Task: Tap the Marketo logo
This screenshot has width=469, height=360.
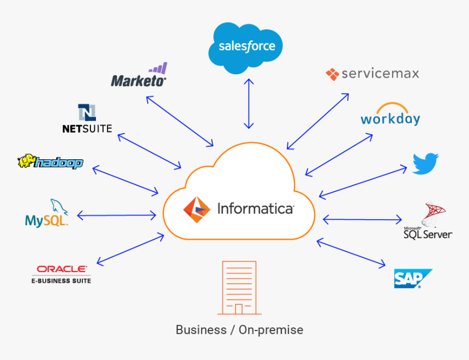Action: [139, 76]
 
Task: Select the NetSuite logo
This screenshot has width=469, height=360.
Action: [87, 119]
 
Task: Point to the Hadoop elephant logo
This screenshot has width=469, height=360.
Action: [50, 161]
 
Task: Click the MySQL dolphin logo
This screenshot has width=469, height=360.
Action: [47, 214]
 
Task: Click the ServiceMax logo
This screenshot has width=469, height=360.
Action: [372, 74]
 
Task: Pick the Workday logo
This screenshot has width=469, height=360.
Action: [390, 115]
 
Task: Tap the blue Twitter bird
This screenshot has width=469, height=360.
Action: [425, 164]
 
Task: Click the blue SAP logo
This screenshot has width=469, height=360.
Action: [412, 278]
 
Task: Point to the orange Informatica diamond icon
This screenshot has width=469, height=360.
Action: [196, 209]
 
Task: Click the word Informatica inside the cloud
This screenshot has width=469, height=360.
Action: [255, 208]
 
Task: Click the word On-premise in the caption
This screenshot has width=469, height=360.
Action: [271, 330]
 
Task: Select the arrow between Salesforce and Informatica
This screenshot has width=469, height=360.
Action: [249, 104]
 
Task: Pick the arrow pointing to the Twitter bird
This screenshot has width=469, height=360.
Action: [363, 181]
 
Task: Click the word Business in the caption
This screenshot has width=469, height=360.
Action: [201, 330]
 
